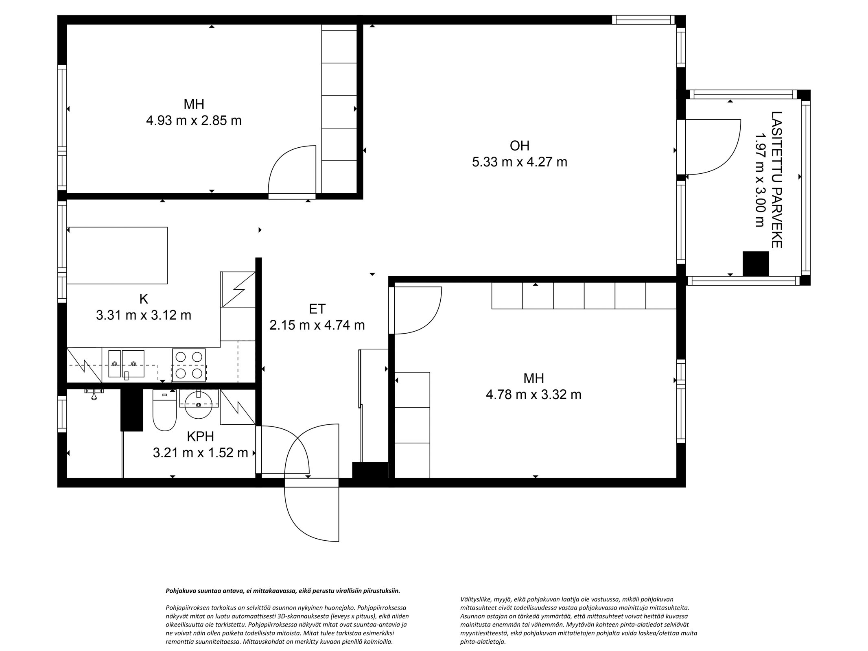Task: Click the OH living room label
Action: (x=519, y=145)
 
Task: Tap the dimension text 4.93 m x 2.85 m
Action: (x=194, y=121)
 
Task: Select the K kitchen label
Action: (x=143, y=299)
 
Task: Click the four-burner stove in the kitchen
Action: (x=189, y=365)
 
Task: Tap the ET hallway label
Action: (x=317, y=309)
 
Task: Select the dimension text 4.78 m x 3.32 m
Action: (x=533, y=395)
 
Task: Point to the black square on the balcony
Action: (x=755, y=264)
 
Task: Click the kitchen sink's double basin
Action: (x=126, y=363)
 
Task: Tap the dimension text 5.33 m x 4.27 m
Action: (x=519, y=162)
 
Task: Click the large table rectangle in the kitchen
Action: (x=117, y=255)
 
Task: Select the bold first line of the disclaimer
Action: (x=283, y=591)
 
